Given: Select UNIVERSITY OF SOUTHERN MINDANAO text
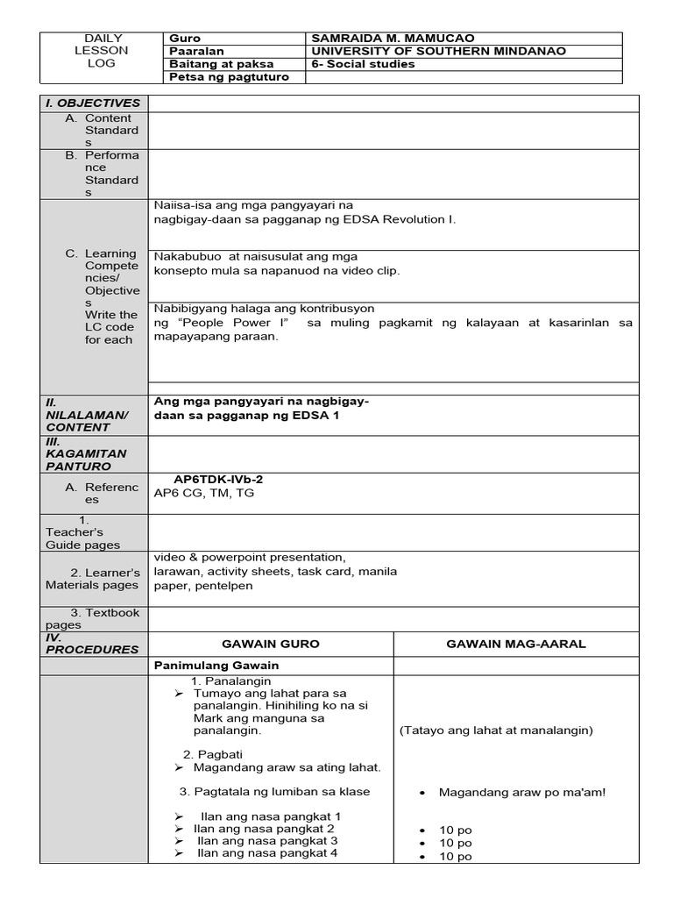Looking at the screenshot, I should [438, 51].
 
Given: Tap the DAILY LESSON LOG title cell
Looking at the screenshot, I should [106, 51].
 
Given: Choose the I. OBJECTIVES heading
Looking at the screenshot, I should [93, 103].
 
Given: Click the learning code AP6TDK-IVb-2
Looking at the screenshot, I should [219, 480].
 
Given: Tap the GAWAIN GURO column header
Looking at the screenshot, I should [270, 644].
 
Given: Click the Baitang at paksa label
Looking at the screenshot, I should [221, 64].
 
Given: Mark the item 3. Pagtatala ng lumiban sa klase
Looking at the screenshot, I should [274, 792].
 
